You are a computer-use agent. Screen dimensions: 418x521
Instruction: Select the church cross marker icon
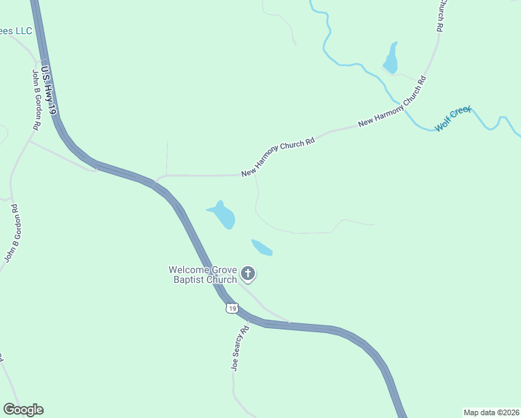pyautogui.click(x=248, y=274)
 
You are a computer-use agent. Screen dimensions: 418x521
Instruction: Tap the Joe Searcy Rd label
pyautogui.click(x=240, y=349)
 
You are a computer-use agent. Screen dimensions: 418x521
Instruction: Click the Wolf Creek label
pyautogui.click(x=453, y=119)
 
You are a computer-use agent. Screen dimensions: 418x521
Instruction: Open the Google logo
pyautogui.click(x=23, y=410)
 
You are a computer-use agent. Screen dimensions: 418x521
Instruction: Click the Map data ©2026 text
pyautogui.click(x=491, y=412)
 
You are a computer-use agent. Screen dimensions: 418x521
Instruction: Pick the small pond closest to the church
pyautogui.click(x=262, y=247)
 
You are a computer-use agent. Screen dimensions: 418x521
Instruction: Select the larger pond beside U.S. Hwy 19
pyautogui.click(x=224, y=215)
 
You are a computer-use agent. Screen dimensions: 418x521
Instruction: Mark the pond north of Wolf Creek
pyautogui.click(x=391, y=59)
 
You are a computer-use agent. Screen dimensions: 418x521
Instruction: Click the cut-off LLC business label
pyautogui.click(x=16, y=31)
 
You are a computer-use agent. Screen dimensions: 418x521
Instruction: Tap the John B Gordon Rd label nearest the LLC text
pyautogui.click(x=38, y=99)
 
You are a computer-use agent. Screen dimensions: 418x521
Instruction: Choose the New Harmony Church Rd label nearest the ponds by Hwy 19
pyautogui.click(x=278, y=157)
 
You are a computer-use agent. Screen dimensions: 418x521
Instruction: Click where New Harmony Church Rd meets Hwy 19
pyautogui.click(x=156, y=182)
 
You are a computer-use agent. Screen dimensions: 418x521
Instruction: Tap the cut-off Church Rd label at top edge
pyautogui.click(x=440, y=15)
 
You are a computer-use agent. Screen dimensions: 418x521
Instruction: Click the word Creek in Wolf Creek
pyautogui.click(x=461, y=115)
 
